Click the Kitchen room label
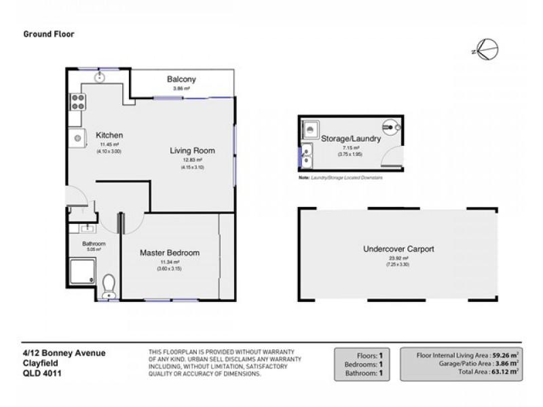(x=109, y=134)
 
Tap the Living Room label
(x=192, y=151)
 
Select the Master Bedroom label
(x=170, y=252)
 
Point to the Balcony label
(x=181, y=79)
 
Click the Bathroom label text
(x=94, y=244)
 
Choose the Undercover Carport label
(x=398, y=249)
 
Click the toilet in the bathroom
(x=109, y=286)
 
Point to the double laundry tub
(x=307, y=155)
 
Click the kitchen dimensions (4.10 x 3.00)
(x=109, y=151)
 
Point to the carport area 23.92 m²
(x=398, y=258)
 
